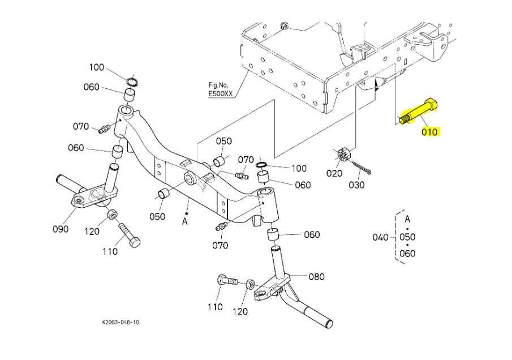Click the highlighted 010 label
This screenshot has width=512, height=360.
pos(429,132)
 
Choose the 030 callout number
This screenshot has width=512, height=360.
pos(356,185)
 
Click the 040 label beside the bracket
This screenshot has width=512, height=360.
pos(380,237)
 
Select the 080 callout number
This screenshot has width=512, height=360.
pos(317,277)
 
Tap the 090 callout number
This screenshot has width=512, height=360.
pos(61,229)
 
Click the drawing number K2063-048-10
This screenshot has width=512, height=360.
pos(121,322)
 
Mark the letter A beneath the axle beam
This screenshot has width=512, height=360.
pos(184,221)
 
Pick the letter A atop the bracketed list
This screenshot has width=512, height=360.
pos(407,218)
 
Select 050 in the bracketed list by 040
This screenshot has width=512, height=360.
pos(407,237)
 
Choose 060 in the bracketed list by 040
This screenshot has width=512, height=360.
pos(407,253)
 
